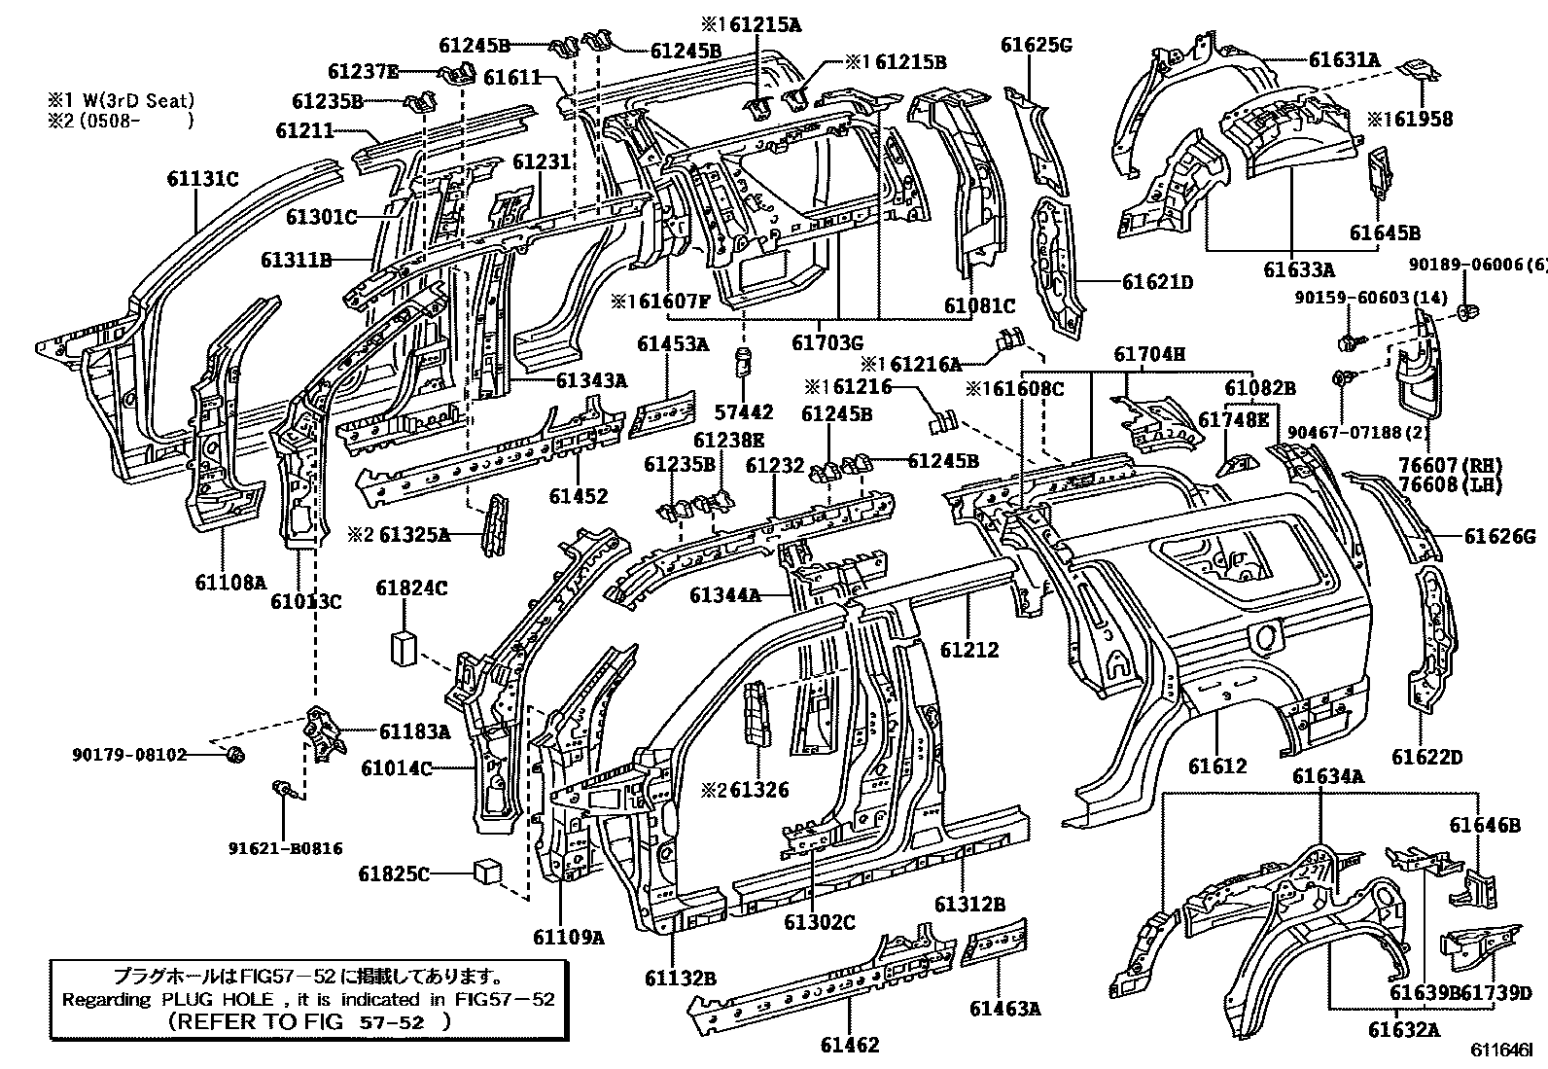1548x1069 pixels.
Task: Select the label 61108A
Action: point(229,582)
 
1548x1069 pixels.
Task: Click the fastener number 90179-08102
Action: point(128,753)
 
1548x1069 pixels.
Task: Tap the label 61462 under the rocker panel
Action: point(849,1045)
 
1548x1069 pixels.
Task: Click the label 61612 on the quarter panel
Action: point(1217,766)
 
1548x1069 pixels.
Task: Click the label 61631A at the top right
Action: point(1344,59)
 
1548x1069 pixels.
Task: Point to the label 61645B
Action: point(1385,232)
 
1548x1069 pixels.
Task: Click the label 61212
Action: point(969,650)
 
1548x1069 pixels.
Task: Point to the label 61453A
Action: point(673,343)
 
